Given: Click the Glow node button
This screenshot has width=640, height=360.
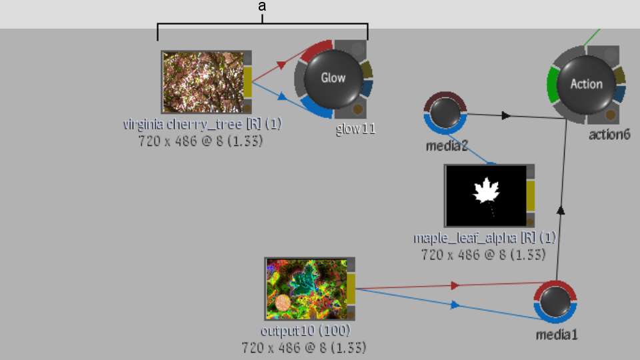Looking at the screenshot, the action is pyautogui.click(x=333, y=79).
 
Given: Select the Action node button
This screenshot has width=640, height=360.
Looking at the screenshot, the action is pyautogui.click(x=586, y=85).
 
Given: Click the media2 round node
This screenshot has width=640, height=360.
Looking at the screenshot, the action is pyautogui.click(x=445, y=113).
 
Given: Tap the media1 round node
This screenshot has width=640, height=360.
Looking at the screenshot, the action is pyautogui.click(x=555, y=302).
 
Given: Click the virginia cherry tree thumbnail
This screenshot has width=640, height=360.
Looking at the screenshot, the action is pyautogui.click(x=203, y=82).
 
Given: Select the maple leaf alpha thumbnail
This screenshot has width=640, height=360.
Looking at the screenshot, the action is pyautogui.click(x=486, y=195).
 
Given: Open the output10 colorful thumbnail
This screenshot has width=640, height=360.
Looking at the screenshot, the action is pyautogui.click(x=307, y=289).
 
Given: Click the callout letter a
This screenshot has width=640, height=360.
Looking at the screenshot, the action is pyautogui.click(x=262, y=6).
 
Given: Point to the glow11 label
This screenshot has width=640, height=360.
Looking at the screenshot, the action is pyautogui.click(x=355, y=129).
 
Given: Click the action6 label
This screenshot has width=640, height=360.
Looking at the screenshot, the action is pyautogui.click(x=609, y=134).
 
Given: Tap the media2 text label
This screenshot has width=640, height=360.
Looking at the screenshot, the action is pyautogui.click(x=447, y=146).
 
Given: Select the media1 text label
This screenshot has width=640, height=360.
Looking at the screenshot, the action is pyautogui.click(x=556, y=335).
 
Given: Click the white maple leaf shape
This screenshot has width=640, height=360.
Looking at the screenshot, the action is pyautogui.click(x=487, y=191).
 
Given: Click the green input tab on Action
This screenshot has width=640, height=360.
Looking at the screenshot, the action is pyautogui.click(x=551, y=85).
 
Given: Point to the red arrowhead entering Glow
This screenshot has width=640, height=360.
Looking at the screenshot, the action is pyautogui.click(x=281, y=65).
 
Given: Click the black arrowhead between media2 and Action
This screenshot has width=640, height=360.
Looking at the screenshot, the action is pyautogui.click(x=506, y=115).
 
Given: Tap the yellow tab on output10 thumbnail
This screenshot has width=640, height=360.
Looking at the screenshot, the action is pyautogui.click(x=351, y=289).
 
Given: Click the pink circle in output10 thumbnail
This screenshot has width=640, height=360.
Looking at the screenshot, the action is pyautogui.click(x=282, y=303).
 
